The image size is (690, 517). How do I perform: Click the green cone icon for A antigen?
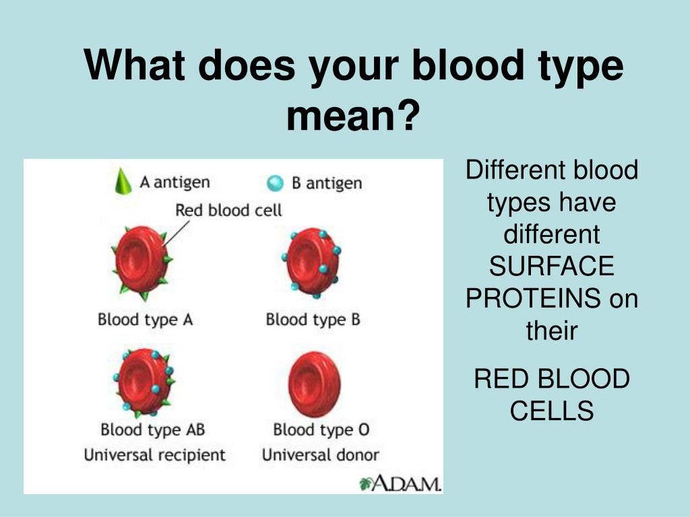(x=123, y=181)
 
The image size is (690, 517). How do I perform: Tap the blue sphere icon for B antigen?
(x=275, y=183)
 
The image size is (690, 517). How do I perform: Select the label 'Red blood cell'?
(x=228, y=210)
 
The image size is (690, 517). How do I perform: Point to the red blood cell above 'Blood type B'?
(x=312, y=263)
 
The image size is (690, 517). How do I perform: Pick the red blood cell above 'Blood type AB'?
(x=144, y=382)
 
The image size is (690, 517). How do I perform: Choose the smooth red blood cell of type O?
(x=314, y=384)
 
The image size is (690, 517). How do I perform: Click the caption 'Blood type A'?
(x=146, y=320)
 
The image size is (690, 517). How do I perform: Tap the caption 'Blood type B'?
(x=313, y=320)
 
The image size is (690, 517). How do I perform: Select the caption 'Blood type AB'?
(x=153, y=429)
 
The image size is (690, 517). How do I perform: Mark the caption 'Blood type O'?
(x=321, y=429)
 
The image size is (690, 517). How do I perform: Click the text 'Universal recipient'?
(x=154, y=454)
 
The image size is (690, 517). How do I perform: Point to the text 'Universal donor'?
(x=320, y=454)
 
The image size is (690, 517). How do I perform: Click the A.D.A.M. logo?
(x=400, y=483)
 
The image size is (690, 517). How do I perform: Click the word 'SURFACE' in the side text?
(x=551, y=266)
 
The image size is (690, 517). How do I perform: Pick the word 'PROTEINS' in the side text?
(x=533, y=298)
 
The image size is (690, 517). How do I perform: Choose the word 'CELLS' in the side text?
(x=552, y=411)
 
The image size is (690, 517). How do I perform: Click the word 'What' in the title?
(x=134, y=65)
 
